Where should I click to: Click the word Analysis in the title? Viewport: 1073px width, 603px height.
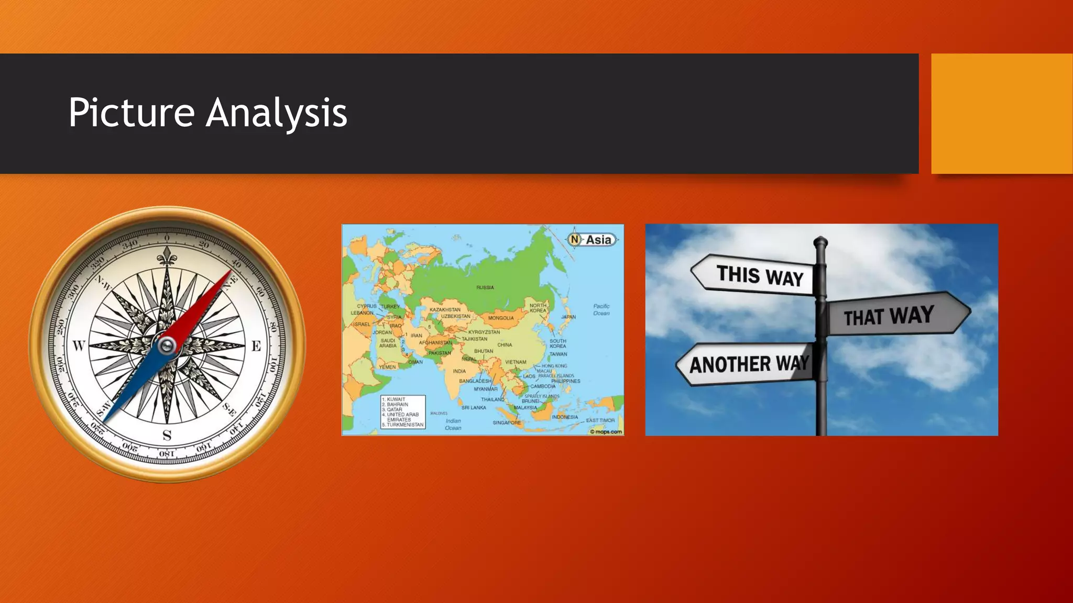tap(276, 113)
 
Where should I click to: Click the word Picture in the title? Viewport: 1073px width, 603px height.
tap(131, 113)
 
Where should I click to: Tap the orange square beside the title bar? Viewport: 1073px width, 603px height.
tap(1002, 114)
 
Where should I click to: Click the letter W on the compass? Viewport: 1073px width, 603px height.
tap(79, 345)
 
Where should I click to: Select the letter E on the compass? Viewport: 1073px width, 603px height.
tap(256, 346)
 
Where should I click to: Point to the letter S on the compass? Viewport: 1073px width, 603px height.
tap(167, 435)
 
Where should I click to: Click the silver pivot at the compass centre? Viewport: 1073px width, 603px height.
tap(167, 345)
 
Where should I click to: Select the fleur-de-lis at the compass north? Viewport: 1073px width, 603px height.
tap(167, 256)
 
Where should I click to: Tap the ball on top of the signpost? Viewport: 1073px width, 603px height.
tap(820, 242)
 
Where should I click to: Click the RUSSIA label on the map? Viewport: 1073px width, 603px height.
tap(485, 287)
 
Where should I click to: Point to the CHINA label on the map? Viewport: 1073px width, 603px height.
tap(505, 345)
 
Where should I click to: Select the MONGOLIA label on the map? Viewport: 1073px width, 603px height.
tap(501, 318)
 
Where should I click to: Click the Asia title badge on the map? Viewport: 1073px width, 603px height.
tap(593, 240)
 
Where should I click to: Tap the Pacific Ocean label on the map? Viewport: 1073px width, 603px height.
tap(601, 310)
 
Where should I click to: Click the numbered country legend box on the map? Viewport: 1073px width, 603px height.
tap(402, 412)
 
